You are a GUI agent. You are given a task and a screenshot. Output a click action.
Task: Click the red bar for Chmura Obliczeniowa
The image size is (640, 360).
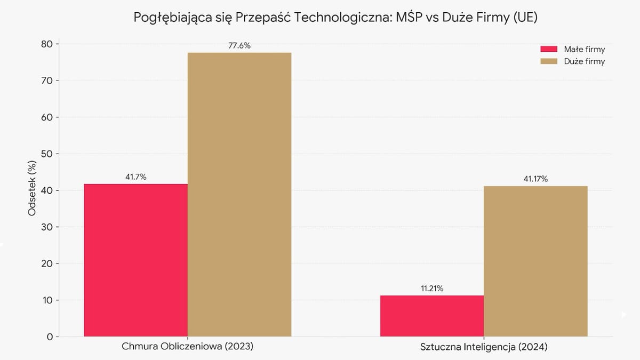(x=135, y=260)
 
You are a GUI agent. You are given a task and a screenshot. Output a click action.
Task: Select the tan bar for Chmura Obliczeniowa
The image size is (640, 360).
(x=239, y=195)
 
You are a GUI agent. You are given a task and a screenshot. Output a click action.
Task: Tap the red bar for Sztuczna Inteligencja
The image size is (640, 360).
(x=432, y=316)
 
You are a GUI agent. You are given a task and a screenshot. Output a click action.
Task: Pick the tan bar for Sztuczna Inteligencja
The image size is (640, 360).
(x=535, y=261)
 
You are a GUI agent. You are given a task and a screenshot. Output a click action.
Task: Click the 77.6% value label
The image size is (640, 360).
(x=239, y=46)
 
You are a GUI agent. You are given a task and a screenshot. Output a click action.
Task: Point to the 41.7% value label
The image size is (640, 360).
(x=135, y=177)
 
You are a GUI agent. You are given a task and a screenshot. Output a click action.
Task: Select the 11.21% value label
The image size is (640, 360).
(x=432, y=289)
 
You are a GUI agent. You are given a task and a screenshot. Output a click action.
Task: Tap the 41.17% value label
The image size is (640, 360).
(x=535, y=179)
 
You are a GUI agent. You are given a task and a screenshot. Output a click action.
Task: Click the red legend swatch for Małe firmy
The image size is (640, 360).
(x=548, y=50)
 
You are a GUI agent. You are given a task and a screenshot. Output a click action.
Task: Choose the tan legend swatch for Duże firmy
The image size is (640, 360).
(x=548, y=61)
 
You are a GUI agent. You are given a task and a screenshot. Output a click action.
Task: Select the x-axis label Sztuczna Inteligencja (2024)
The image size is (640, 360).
(x=484, y=347)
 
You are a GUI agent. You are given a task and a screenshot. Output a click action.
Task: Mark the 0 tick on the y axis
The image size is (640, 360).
(x=49, y=337)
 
